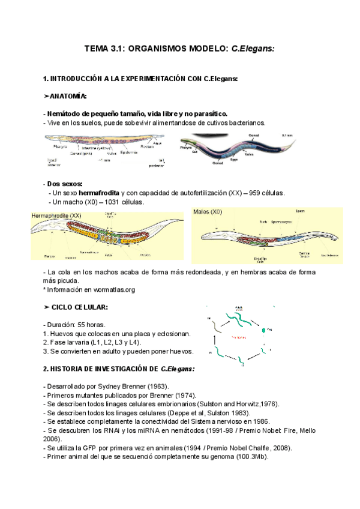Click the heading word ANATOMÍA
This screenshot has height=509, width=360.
pos(68,96)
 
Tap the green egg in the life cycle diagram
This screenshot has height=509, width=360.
pos(262,330)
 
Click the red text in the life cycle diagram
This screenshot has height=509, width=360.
pos(238,337)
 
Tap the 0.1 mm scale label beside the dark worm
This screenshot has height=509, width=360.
pos(287,136)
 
